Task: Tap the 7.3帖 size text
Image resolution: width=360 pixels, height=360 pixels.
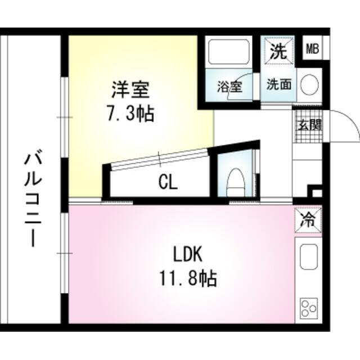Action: pyautogui.click(x=131, y=114)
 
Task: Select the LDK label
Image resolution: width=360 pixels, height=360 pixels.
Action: pyautogui.click(x=187, y=255)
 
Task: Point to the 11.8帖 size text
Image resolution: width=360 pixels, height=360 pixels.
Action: pyautogui.click(x=188, y=278)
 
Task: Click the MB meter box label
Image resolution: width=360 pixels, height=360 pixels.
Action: pyautogui.click(x=312, y=49)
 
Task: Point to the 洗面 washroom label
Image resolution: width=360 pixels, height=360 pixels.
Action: pyautogui.click(x=279, y=85)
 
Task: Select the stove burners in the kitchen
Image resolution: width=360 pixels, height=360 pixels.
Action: pyautogui.click(x=308, y=308)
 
